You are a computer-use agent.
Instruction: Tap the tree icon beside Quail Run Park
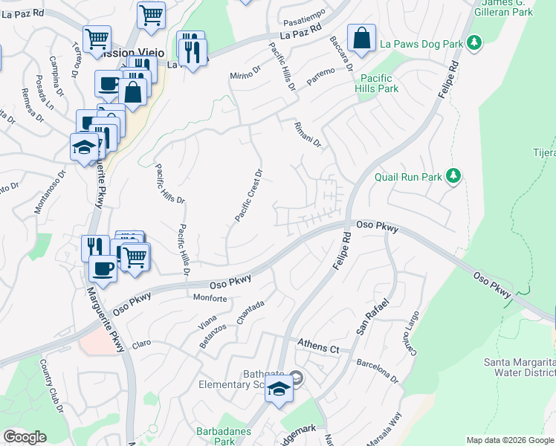point(453,176)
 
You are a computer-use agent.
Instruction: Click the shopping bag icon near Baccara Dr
point(361,39)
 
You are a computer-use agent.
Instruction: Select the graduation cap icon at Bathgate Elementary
point(279,390)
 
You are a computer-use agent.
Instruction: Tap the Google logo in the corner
point(25,437)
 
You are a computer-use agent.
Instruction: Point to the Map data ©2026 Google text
point(510,440)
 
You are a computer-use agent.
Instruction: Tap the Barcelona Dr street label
point(378,371)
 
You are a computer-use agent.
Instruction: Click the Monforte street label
point(210,298)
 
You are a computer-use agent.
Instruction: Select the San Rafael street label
point(372,317)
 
